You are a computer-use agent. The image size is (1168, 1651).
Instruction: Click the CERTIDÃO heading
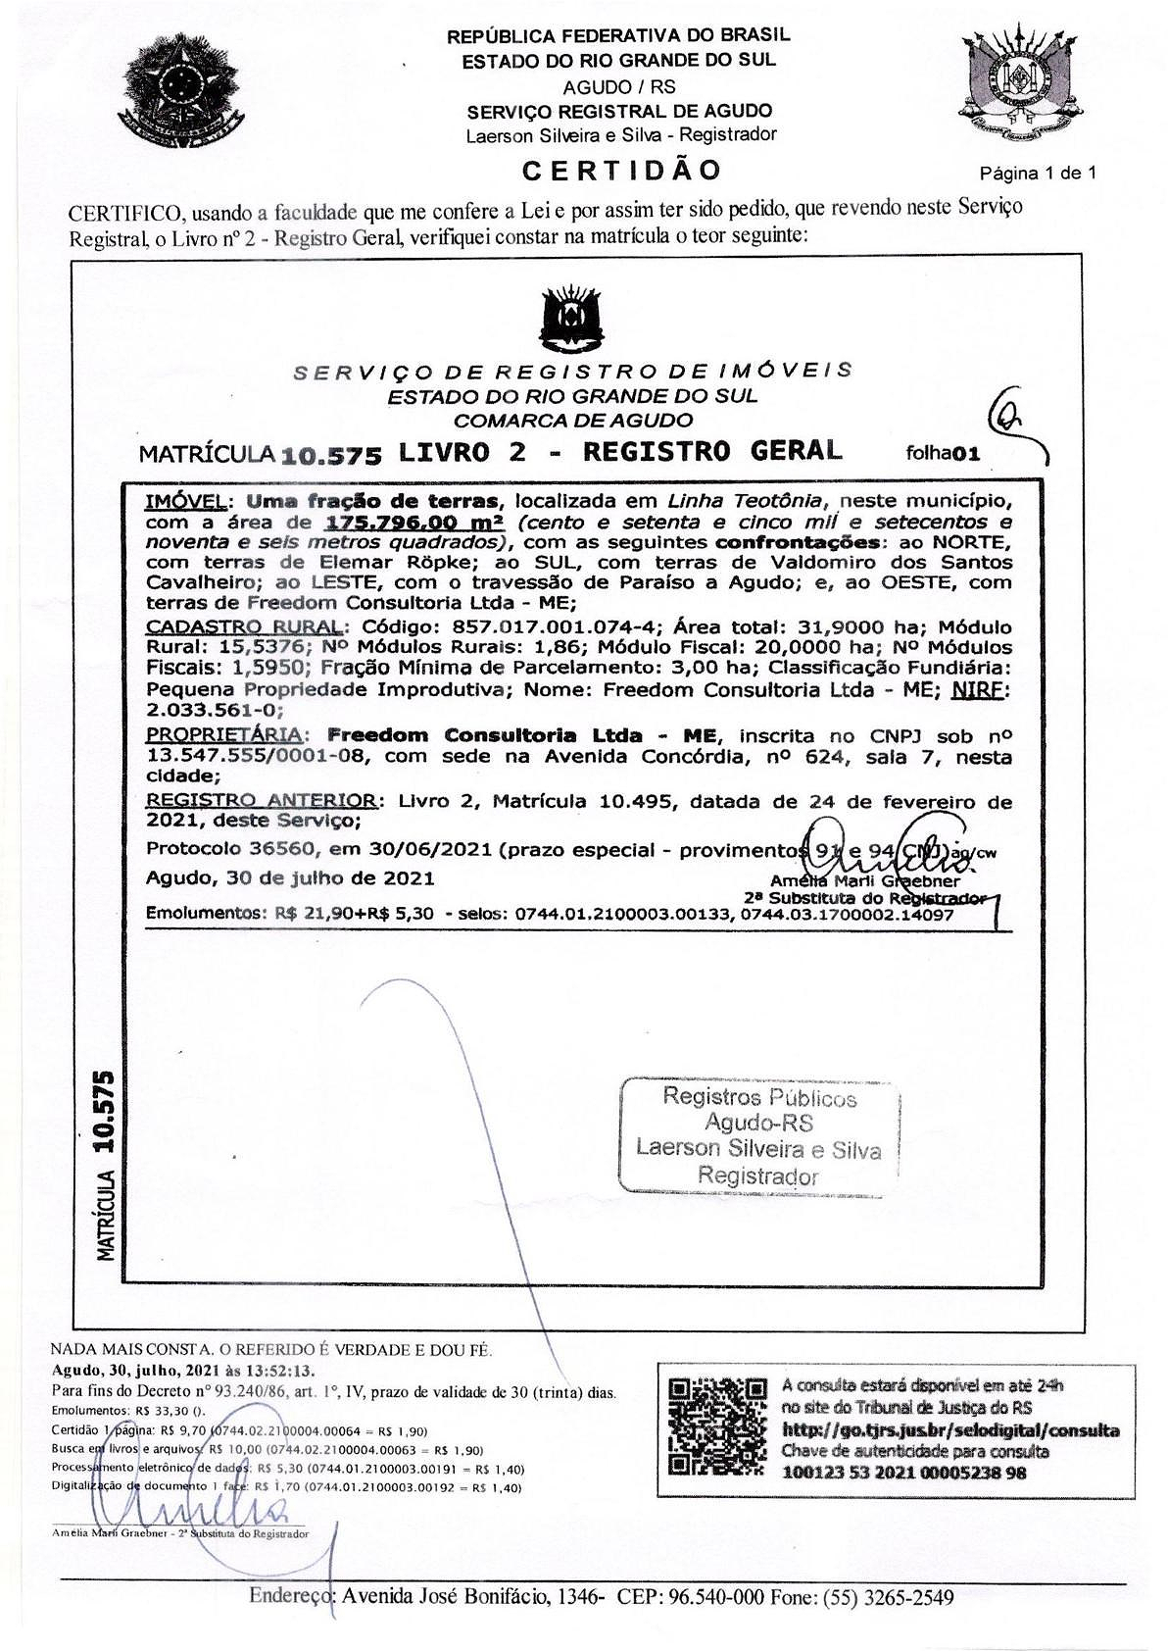621,171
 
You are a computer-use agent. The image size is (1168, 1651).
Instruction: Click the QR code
716,1426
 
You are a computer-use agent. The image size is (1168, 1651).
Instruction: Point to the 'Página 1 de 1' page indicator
1038,174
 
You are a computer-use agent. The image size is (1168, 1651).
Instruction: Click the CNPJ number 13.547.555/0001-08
257,757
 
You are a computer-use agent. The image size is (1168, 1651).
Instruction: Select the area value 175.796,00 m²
414,522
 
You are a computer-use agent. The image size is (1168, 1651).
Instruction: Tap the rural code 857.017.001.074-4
552,626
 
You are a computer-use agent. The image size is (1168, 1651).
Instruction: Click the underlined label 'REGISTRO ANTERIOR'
260,800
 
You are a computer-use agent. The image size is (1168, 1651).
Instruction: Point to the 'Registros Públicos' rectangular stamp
758,1136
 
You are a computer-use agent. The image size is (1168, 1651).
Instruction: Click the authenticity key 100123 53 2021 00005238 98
903,1473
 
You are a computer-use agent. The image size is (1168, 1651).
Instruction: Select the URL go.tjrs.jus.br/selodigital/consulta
949,1429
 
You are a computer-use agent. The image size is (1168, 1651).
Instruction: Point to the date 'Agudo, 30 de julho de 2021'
290,877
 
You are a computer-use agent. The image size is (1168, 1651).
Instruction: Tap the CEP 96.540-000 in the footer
716,1597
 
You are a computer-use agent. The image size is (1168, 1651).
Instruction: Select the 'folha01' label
944,453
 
